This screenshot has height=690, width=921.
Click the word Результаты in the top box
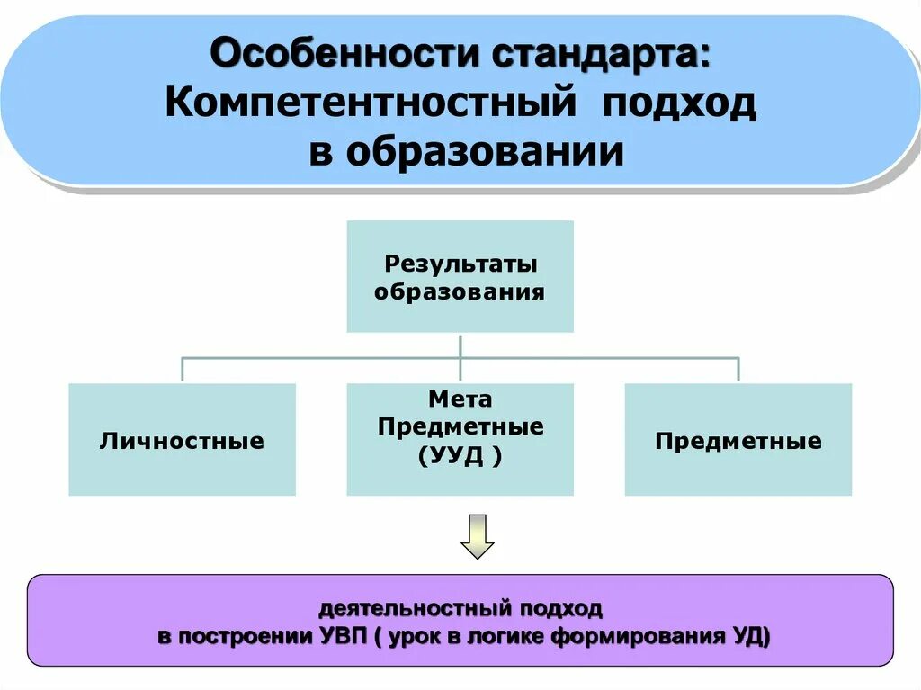pyautogui.click(x=460, y=264)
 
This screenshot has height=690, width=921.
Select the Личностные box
pyautogui.click(x=182, y=440)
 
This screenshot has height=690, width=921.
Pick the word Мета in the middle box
pyautogui.click(x=460, y=399)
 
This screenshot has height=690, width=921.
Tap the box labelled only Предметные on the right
pyautogui.click(x=738, y=440)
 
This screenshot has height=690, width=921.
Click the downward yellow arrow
pyautogui.click(x=478, y=536)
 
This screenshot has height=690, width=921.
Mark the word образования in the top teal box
pyautogui.click(x=460, y=292)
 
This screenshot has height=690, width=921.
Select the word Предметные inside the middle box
pyautogui.click(x=460, y=427)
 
